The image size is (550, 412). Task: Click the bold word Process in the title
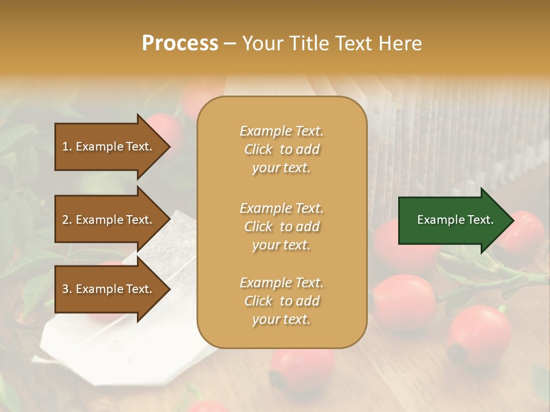[x=180, y=43]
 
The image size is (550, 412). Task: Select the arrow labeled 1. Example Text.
[x=109, y=146]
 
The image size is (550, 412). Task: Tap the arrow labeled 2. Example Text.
[x=109, y=220]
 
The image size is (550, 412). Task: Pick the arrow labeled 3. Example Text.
[x=109, y=289]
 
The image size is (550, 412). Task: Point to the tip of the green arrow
[x=513, y=220]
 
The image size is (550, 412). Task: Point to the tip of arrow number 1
[x=170, y=146]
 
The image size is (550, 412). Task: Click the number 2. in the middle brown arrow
[x=67, y=220]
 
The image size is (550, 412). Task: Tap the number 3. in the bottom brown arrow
[x=67, y=289]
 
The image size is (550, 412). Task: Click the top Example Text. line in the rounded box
[x=281, y=131]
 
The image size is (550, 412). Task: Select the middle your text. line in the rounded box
[x=281, y=245]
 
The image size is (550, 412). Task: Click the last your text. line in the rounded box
[x=281, y=319]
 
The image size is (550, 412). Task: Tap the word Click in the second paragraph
[x=258, y=227]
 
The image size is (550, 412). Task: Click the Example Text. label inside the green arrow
[x=455, y=220]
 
